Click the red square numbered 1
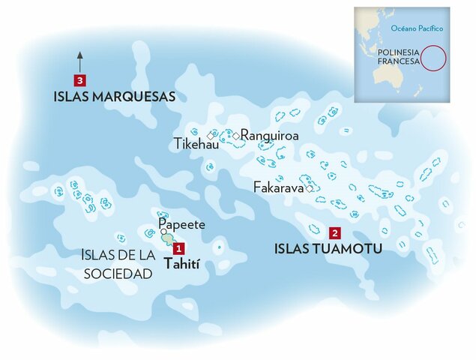point(178,248)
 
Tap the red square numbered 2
point(334,232)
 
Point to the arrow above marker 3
point(79,61)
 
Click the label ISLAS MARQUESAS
point(115,97)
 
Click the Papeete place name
point(181,224)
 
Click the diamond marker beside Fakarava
point(309,189)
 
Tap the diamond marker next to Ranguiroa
point(235,136)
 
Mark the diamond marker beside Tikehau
point(211,136)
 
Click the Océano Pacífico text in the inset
point(418,28)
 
